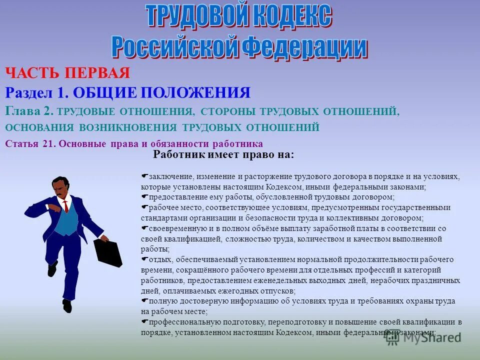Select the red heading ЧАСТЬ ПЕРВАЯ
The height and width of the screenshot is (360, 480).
coord(67,73)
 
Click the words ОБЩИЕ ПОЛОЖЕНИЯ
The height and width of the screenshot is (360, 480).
coord(161,92)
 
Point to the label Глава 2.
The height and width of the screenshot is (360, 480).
coord(29,111)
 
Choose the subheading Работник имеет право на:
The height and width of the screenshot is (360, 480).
coord(223,155)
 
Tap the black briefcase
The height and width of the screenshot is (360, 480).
coord(107,252)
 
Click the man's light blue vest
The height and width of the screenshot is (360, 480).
coord(65,220)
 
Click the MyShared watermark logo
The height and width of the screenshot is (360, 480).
coord(422,337)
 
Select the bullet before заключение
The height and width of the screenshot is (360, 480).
coord(144,176)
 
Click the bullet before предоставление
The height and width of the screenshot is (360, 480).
coord(144,196)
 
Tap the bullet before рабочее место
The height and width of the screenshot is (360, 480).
coord(144,207)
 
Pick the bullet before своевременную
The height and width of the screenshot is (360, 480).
coord(144,228)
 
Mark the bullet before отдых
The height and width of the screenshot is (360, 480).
coord(144,259)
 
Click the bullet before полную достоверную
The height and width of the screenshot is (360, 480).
coord(144,300)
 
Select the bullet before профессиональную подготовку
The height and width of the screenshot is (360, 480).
coord(144,321)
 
